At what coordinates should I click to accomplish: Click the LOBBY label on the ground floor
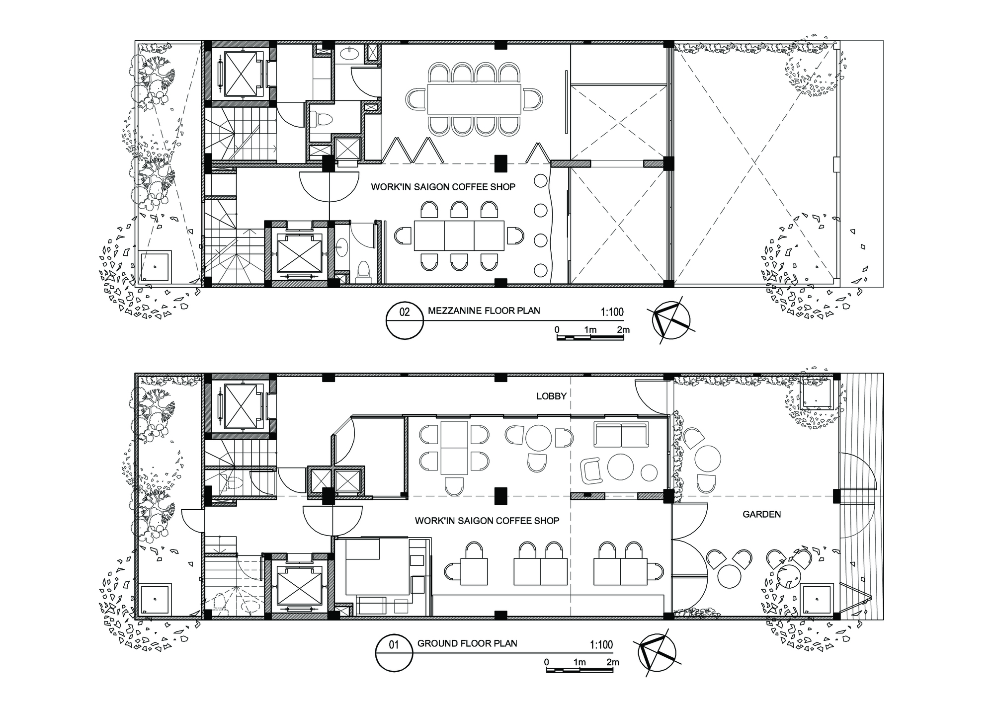pyautogui.click(x=551, y=396)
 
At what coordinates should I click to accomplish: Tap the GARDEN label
pyautogui.click(x=761, y=514)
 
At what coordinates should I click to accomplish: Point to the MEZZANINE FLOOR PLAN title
pyautogui.click(x=484, y=311)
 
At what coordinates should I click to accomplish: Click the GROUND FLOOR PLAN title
pyautogui.click(x=467, y=643)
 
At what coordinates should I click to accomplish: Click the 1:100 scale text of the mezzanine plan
pyautogui.click(x=612, y=312)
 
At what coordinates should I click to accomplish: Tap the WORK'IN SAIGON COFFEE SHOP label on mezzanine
pyautogui.click(x=443, y=187)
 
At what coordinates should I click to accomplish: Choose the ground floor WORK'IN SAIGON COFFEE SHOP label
pyautogui.click(x=487, y=521)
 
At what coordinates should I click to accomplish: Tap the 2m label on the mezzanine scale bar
pyautogui.click(x=623, y=330)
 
